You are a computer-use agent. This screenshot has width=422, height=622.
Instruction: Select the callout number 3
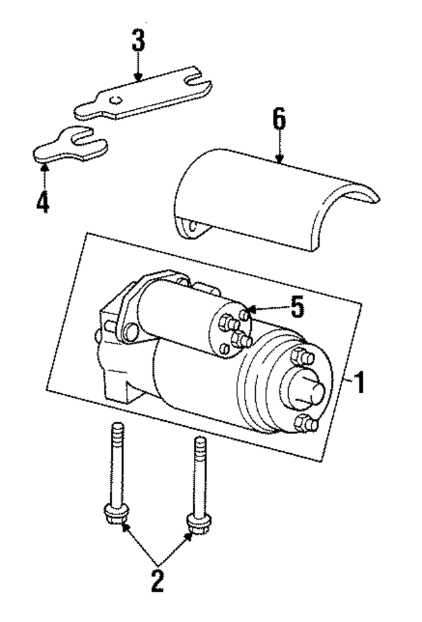pos(138,43)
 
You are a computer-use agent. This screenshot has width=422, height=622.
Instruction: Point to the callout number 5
pos(297,308)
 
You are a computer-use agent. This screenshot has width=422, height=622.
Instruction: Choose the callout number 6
pos(279,120)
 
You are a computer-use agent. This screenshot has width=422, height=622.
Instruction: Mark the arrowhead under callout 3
pos(138,77)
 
